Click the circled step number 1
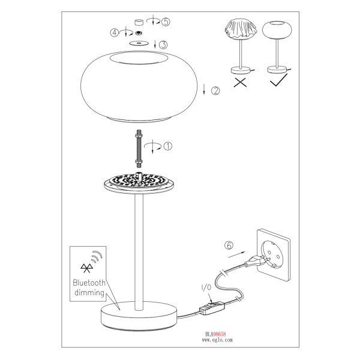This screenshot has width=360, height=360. click(168, 146)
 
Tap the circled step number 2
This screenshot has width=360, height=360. click(215, 91)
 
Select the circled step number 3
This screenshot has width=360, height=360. click(163, 44)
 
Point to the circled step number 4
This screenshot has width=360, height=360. click(115, 32)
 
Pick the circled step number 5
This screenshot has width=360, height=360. click(166, 22)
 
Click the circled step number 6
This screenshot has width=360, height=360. click(229, 245)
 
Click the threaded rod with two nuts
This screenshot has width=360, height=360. click(139, 149)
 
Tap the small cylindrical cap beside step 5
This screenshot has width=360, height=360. click(139, 22)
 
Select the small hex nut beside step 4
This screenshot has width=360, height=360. click(138, 33)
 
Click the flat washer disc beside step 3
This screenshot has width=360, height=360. click(139, 43)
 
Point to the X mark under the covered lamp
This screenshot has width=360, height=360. click(240, 82)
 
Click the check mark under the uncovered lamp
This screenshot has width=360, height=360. click(279, 80)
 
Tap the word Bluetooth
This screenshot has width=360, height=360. click(89, 283)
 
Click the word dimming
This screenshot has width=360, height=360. click(89, 293)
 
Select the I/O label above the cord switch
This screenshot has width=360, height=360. click(206, 287)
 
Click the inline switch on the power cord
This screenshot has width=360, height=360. click(212, 308)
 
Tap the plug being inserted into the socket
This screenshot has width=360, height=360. click(257, 261)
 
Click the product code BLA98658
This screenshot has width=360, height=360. click(215, 334)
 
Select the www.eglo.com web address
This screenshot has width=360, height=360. click(217, 340)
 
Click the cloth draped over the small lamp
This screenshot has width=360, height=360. click(241, 29)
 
